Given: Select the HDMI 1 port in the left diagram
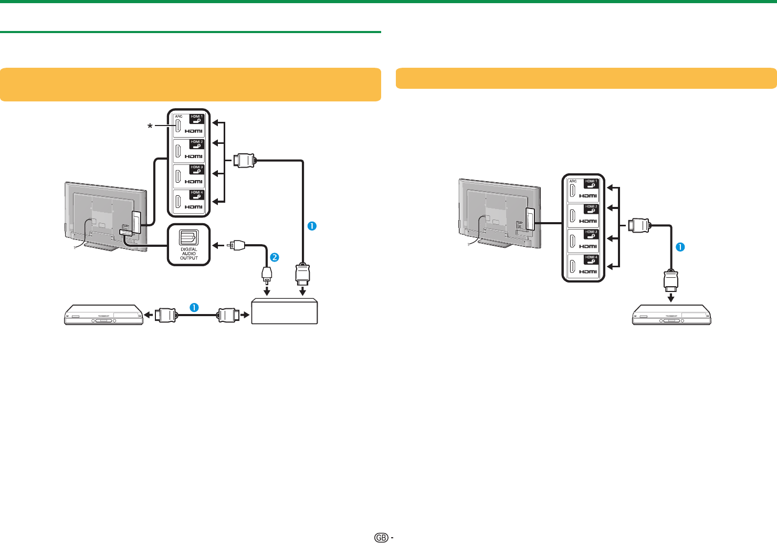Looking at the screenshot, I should pos(189,124).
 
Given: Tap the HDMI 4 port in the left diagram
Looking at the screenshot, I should pos(189,201).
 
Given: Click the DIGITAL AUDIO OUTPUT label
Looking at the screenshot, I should pos(189,254).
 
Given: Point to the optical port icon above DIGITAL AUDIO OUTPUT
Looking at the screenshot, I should pos(188,237).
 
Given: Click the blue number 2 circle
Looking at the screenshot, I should pos(274,257).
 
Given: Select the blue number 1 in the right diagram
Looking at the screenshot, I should pos(680,247).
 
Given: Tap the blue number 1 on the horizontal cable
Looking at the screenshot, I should pos(194,308).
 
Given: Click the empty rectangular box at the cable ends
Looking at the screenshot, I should pos(285,312).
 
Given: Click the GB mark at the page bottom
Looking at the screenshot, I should pos(382,537).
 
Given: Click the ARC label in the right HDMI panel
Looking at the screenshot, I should pos(573,181).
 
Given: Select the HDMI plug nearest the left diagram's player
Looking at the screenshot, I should pos(166,315).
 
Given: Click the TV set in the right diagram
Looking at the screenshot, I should pos(499,213).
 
